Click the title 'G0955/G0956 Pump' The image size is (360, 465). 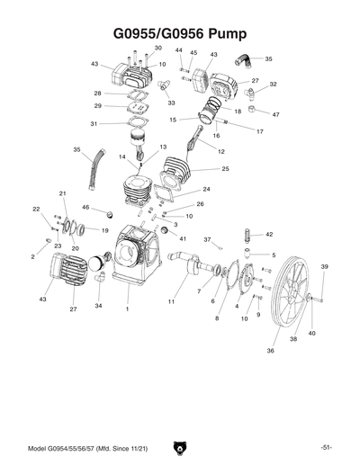click(180, 34)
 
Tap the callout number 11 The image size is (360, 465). click(170, 302)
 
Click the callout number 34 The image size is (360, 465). click(98, 306)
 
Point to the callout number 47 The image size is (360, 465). click(276, 114)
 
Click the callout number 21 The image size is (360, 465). click(63, 193)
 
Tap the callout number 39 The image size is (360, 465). click(324, 267)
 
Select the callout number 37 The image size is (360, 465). click(206, 239)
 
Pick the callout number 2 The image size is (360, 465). click(33, 256)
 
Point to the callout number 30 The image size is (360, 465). click(157, 48)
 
